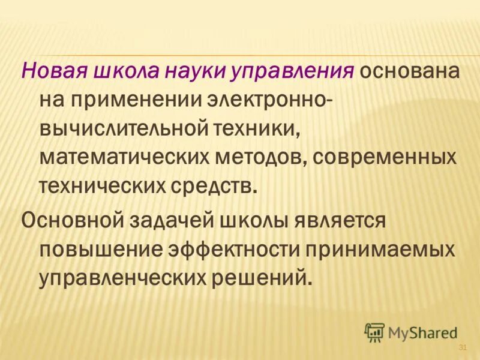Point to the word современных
[384, 158]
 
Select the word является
[340, 220]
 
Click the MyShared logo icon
[374, 332]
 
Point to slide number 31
[462, 348]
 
